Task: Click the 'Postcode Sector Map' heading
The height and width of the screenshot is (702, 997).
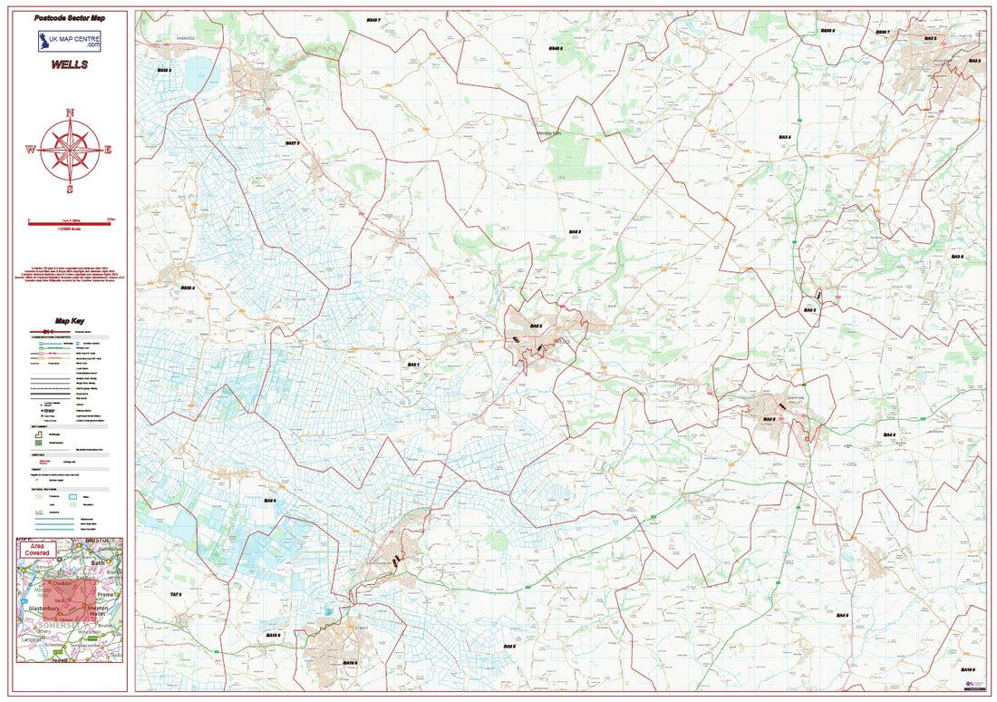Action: click(70, 18)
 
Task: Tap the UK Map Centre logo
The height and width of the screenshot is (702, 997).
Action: click(70, 42)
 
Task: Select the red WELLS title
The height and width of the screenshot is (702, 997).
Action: click(70, 66)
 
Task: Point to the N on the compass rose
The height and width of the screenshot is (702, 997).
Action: click(70, 113)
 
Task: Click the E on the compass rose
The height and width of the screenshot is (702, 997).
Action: click(107, 150)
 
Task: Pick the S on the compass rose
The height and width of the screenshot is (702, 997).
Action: click(70, 190)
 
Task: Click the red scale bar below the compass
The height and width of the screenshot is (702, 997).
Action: click(70, 220)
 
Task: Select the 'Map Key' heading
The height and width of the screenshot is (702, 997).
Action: click(70, 321)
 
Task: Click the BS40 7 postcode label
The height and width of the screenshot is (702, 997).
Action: click(373, 19)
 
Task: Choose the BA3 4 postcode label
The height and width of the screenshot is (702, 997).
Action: click(785, 137)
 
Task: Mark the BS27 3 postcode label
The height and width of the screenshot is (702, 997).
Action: click(292, 143)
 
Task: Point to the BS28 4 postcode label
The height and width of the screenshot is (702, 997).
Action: click(189, 288)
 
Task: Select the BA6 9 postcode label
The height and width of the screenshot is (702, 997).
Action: click(270, 501)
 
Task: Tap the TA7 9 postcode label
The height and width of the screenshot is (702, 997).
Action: click(176, 594)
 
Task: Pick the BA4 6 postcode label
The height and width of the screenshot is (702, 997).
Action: click(842, 615)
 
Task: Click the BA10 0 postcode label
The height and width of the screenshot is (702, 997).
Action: click(966, 670)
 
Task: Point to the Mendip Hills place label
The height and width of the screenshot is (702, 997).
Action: click(550, 132)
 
